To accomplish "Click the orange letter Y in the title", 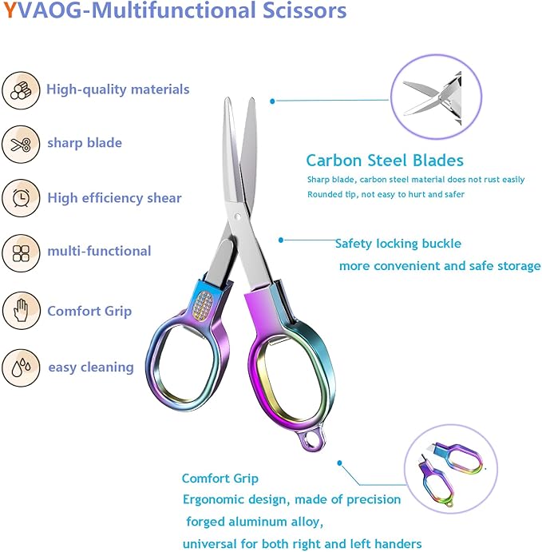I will tap(8, 11).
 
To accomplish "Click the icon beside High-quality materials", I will tap(21, 89).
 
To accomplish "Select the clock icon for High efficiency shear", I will tap(21, 198).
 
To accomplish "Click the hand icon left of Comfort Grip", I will tap(21, 311).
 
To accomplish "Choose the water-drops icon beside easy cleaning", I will tap(21, 367).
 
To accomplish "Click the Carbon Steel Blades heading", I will tap(385, 161).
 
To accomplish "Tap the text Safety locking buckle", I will tap(398, 244).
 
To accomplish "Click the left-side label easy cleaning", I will tap(91, 367).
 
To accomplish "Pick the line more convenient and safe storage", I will tap(440, 266).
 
